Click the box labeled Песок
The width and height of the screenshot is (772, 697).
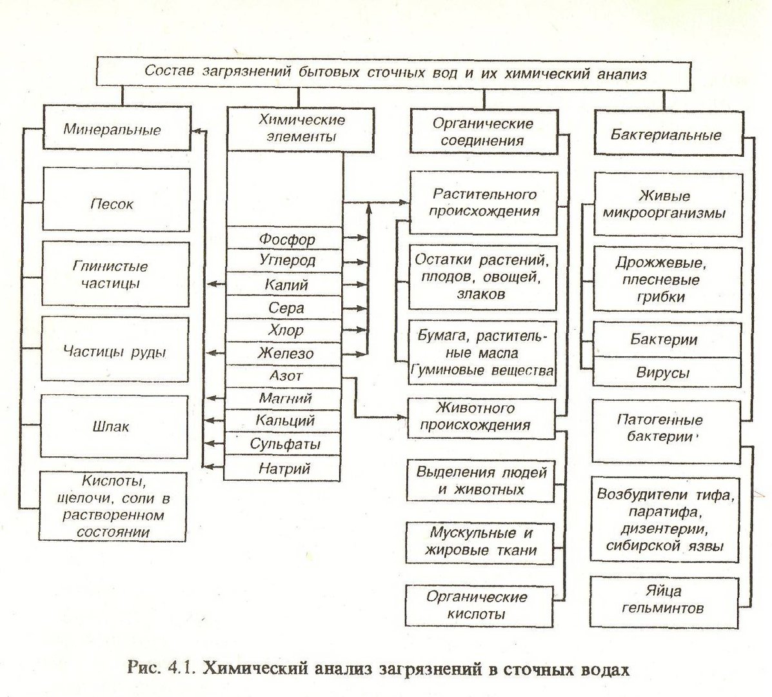pos(116,199)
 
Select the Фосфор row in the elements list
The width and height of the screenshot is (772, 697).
pos(284,238)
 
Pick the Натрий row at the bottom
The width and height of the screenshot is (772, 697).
pos(282,468)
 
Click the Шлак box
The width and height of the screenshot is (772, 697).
pos(114,426)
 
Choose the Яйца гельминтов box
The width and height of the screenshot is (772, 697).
pos(664,602)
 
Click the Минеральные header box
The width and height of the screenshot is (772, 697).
pos(117,127)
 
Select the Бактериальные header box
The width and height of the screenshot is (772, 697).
pos(669,133)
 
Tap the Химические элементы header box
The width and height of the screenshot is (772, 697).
pos(301,129)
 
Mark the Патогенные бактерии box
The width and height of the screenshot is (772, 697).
pos(666,431)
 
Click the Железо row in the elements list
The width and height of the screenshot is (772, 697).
pos(284,353)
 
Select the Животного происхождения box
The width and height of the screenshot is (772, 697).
pos(482,418)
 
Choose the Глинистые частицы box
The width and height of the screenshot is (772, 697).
pos(115,274)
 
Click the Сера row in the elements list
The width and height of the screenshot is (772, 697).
pos(284,307)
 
